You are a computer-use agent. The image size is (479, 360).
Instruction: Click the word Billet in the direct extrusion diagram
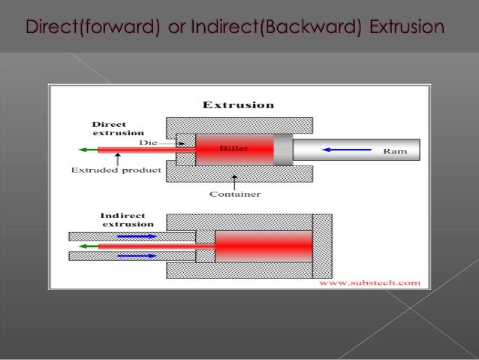point(233,148)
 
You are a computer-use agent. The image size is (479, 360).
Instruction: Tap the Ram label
point(395,151)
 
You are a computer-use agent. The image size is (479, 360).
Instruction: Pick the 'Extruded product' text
point(116,171)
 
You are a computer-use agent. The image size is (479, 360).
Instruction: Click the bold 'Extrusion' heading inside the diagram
point(239,104)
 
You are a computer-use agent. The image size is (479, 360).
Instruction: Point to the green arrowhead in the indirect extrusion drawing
point(83,246)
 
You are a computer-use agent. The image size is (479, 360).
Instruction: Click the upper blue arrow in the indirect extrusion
point(137,235)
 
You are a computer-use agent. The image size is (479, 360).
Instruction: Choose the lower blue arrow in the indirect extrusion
point(137,256)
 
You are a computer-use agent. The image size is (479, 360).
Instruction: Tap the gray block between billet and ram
point(283,150)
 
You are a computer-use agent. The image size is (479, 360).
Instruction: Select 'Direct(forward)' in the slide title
point(92,28)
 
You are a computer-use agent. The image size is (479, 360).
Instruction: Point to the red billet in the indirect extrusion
point(263,246)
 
